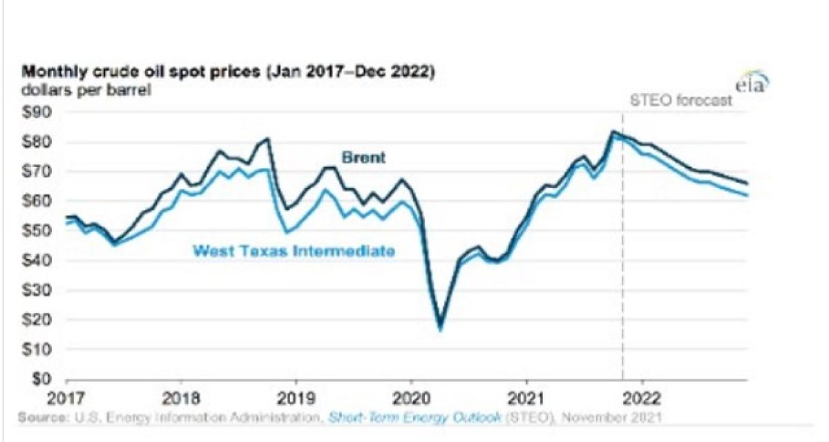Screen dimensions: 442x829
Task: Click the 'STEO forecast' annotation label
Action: [681, 100]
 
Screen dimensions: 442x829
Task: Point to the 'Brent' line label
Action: [363, 158]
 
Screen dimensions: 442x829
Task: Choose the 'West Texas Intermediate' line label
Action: [294, 251]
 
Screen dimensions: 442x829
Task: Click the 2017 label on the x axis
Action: [66, 398]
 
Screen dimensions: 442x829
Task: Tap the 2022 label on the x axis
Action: [642, 398]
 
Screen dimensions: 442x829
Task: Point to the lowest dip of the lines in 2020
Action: [440, 327]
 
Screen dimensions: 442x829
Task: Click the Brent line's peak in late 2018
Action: [267, 139]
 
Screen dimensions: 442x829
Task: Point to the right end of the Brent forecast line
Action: [748, 183]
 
